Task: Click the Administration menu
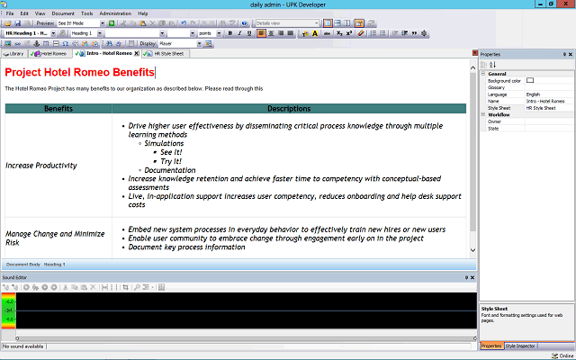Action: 115,14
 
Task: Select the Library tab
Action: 15,53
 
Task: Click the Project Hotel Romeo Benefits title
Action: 79,72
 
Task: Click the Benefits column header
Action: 58,109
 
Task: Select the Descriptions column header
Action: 289,109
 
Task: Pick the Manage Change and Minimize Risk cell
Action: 54,238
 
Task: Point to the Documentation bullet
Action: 169,170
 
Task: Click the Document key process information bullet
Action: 186,247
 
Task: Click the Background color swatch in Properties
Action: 530,81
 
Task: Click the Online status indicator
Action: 561,355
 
